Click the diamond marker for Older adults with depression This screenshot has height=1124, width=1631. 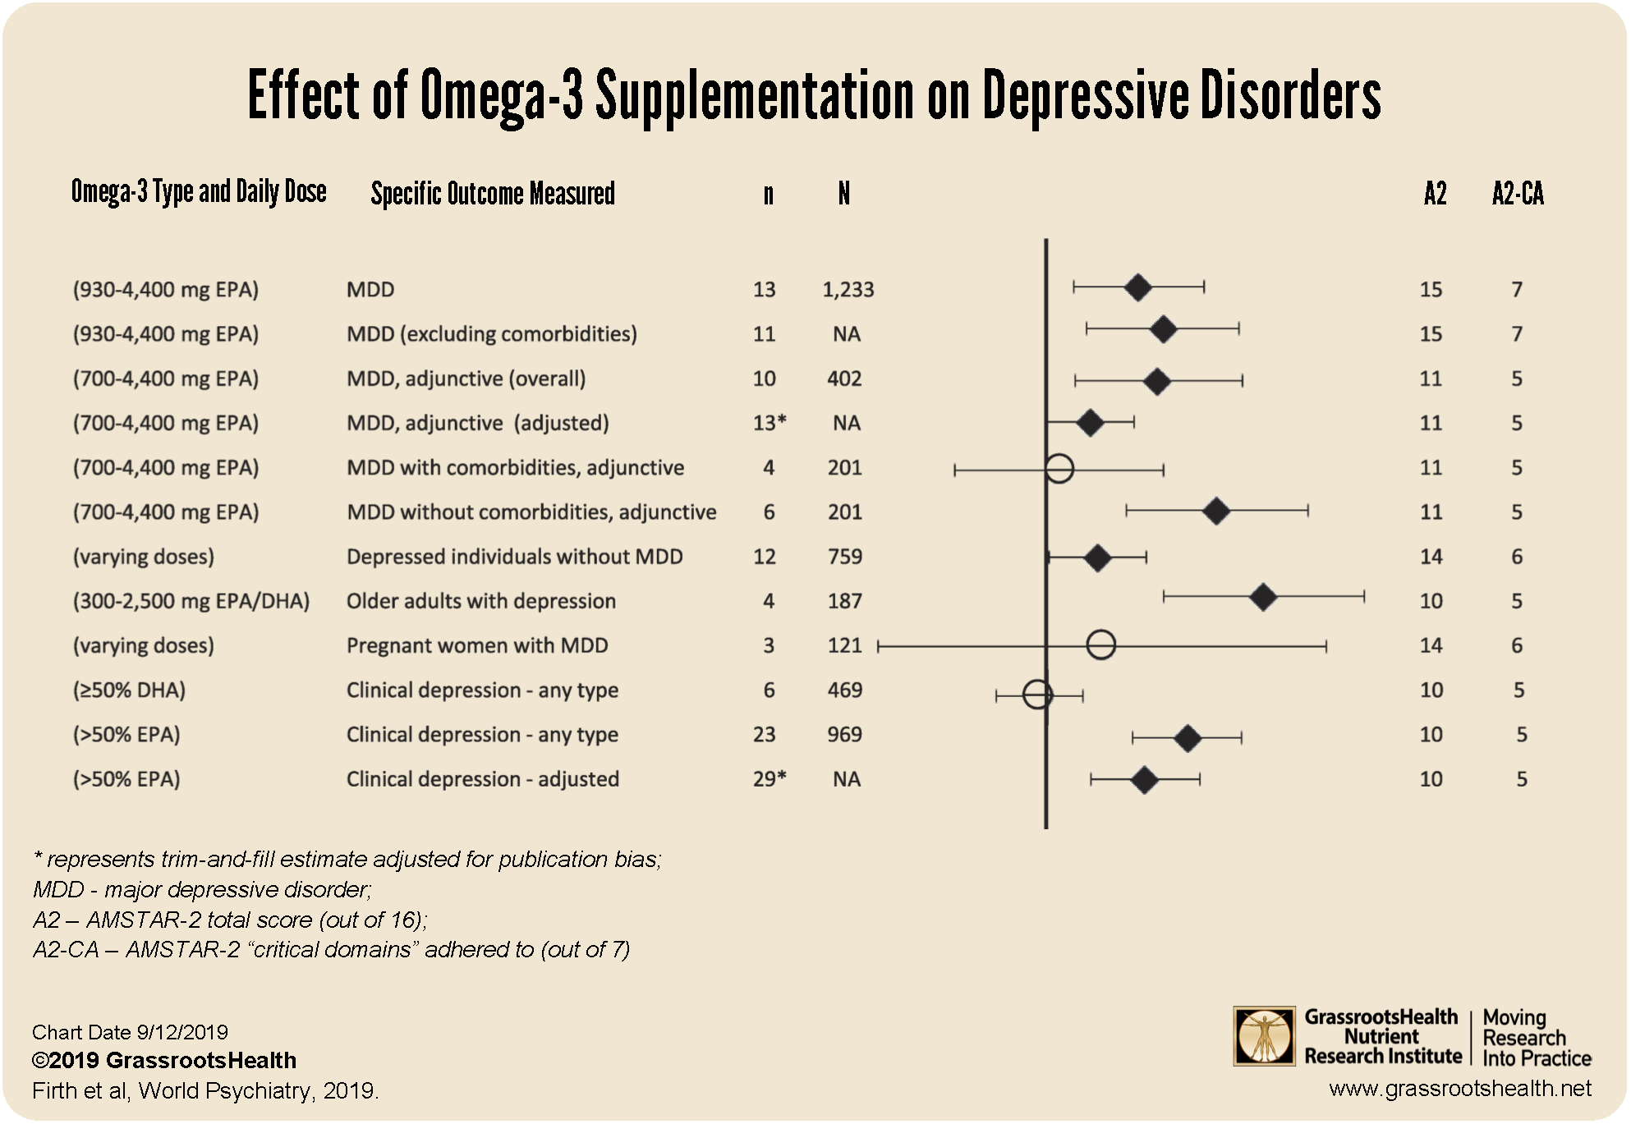[1263, 598]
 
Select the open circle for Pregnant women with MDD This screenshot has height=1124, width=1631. [1100, 645]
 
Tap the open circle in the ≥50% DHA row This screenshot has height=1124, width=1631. [1037, 695]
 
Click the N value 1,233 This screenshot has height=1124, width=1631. [848, 290]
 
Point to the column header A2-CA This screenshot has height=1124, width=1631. [1518, 195]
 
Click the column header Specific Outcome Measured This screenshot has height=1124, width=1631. [493, 195]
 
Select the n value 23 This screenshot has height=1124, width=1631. [764, 735]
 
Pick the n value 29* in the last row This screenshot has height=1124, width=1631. [769, 779]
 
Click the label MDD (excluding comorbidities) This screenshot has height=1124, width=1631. [491, 334]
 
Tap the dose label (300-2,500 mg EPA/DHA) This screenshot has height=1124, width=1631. [191, 601]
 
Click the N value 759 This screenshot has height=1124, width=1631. [844, 557]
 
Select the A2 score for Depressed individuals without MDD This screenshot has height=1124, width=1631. [1431, 557]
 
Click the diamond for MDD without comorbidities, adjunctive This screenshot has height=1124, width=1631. [1215, 511]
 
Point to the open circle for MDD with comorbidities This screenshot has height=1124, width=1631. [1059, 468]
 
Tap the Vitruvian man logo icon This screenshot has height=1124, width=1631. [1264, 1037]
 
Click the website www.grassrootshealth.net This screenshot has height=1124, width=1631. [1459, 1090]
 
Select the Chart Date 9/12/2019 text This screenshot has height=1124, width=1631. [130, 1032]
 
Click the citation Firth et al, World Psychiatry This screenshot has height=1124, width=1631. [205, 1091]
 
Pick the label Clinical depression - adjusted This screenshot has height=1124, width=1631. [482, 779]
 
